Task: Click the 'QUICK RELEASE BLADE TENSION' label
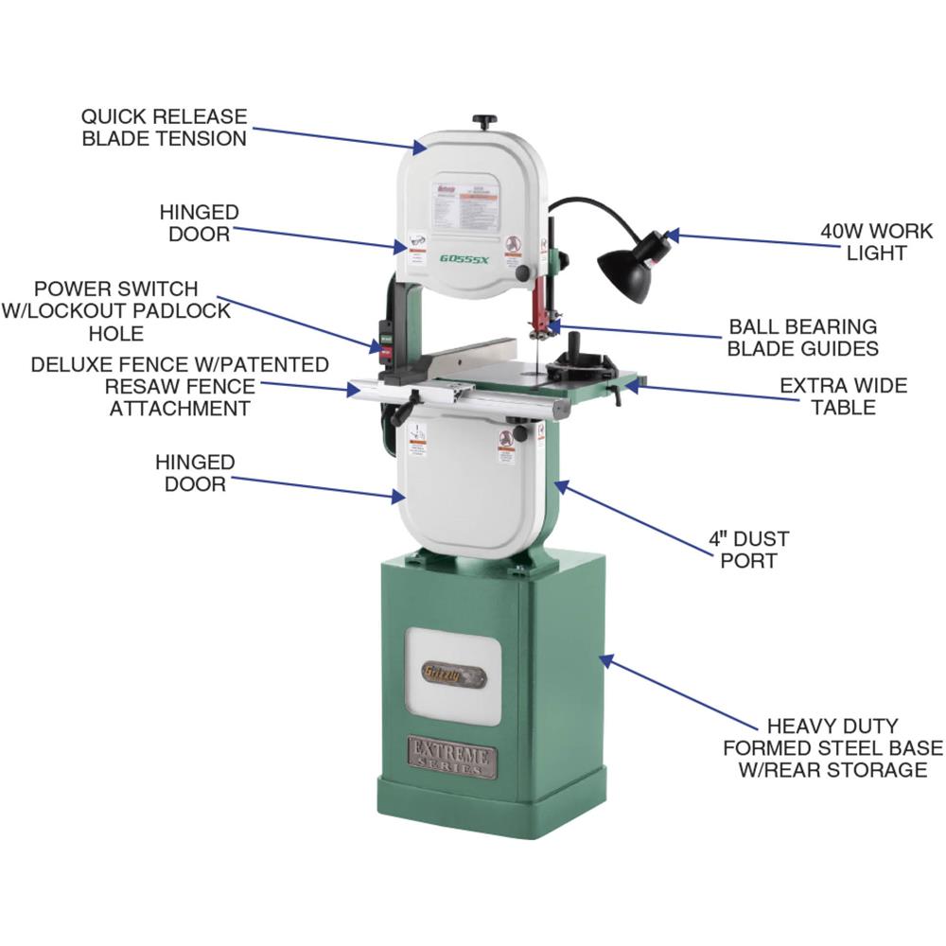[x=164, y=128]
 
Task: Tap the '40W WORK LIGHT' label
[x=876, y=242]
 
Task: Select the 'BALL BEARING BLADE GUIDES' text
[x=802, y=338]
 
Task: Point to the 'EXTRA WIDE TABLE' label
[x=842, y=396]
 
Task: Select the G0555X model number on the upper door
[x=463, y=257]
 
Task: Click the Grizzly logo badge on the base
[x=453, y=676]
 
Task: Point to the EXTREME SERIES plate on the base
[x=452, y=756]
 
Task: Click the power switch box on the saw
[x=386, y=344]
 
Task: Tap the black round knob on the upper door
[x=522, y=272]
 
